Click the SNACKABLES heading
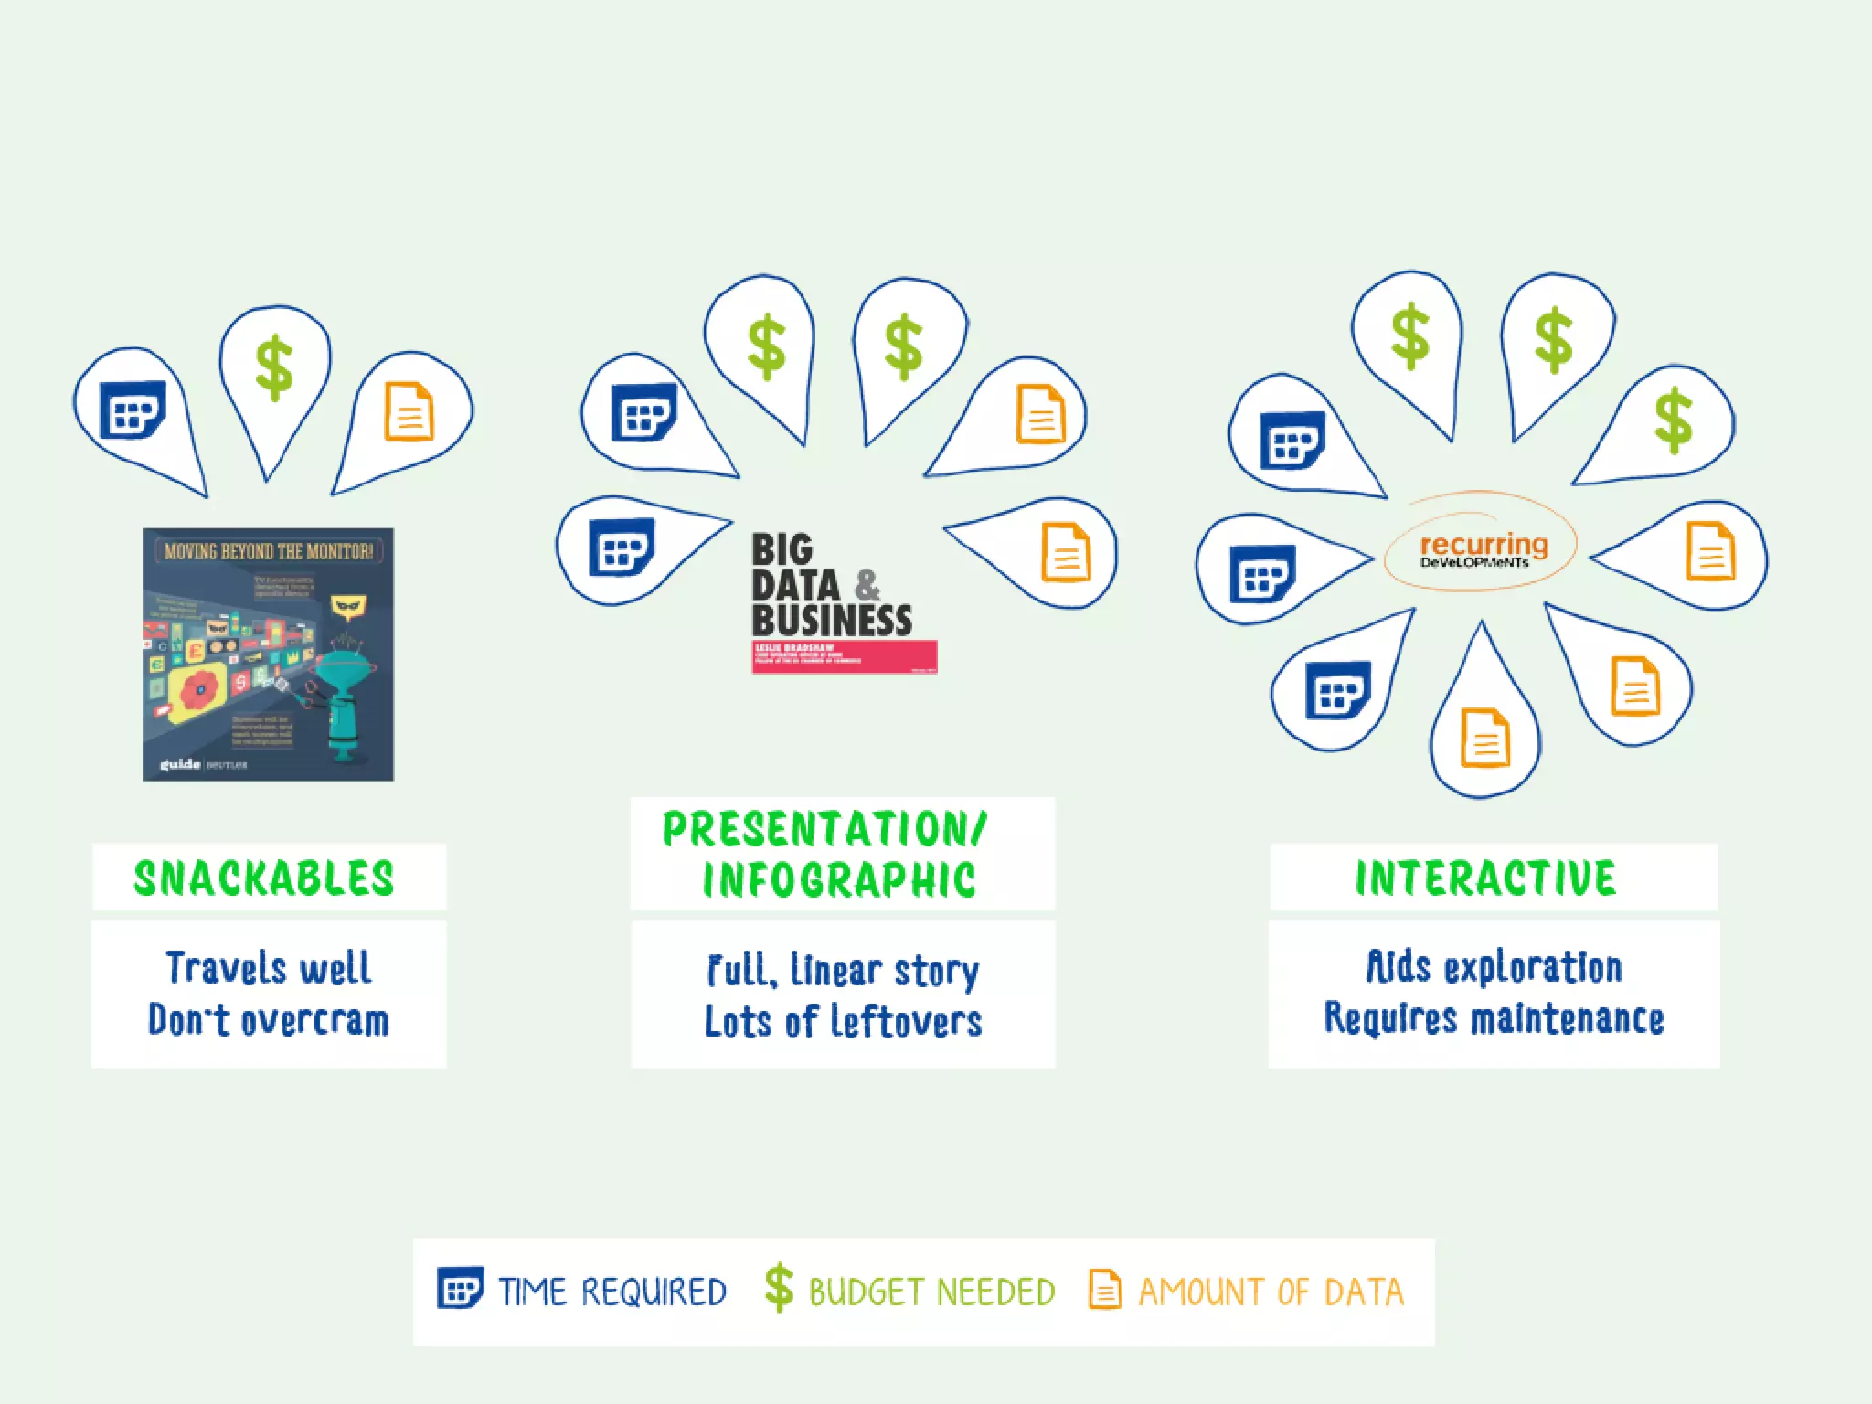click(x=264, y=877)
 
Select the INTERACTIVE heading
click(x=1485, y=877)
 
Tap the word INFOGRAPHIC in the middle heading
click(x=838, y=879)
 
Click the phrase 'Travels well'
click(x=269, y=968)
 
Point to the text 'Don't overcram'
click(x=269, y=1020)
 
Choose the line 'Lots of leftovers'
click(x=843, y=1022)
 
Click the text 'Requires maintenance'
click(x=1494, y=1018)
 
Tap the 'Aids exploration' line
click(x=1494, y=967)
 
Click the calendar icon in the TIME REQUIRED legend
click(x=460, y=1289)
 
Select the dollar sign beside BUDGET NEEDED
click(x=779, y=1288)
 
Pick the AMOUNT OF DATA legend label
click(x=1271, y=1292)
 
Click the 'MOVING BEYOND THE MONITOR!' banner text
click(x=268, y=551)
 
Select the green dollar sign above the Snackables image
click(x=273, y=368)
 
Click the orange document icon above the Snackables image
click(x=409, y=411)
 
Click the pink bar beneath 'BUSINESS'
click(x=844, y=656)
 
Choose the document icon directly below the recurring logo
click(x=1485, y=739)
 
